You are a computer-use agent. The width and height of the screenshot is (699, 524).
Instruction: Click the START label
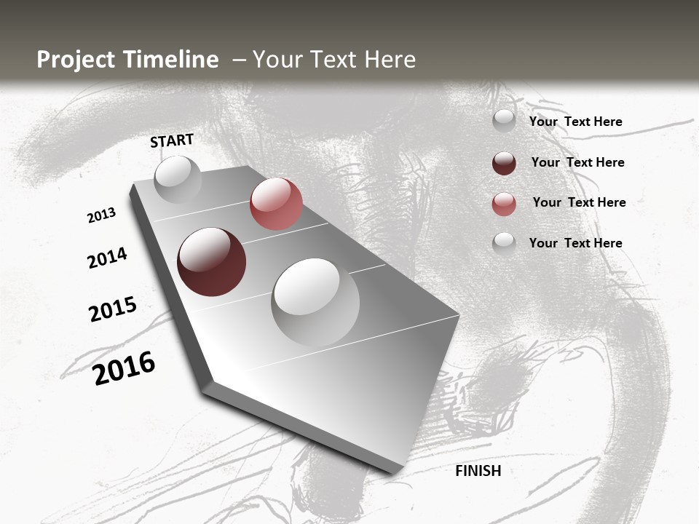tap(172, 140)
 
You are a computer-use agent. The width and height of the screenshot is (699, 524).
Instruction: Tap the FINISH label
tap(478, 471)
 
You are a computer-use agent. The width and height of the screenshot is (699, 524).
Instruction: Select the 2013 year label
tap(101, 215)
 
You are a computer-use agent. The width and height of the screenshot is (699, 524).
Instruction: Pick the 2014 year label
tap(107, 258)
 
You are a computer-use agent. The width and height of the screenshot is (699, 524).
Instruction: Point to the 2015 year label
tap(113, 309)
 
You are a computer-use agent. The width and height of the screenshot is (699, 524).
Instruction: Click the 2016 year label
tap(124, 368)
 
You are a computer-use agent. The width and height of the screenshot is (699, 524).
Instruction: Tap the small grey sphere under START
tap(178, 179)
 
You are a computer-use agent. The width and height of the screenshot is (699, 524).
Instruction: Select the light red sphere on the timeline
tap(276, 203)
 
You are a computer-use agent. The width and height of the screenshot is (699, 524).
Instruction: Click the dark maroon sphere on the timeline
tap(211, 262)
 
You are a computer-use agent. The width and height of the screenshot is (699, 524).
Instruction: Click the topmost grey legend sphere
tap(504, 122)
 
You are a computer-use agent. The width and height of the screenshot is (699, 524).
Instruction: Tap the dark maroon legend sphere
tap(504, 163)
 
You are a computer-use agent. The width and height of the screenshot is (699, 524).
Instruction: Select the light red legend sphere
tap(504, 204)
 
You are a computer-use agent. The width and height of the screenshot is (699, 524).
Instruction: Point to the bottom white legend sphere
tap(504, 244)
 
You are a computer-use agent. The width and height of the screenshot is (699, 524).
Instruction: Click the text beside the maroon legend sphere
tap(577, 162)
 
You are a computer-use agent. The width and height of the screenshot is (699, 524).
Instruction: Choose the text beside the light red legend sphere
tap(579, 202)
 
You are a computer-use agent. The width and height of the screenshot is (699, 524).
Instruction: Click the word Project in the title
tap(76, 60)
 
